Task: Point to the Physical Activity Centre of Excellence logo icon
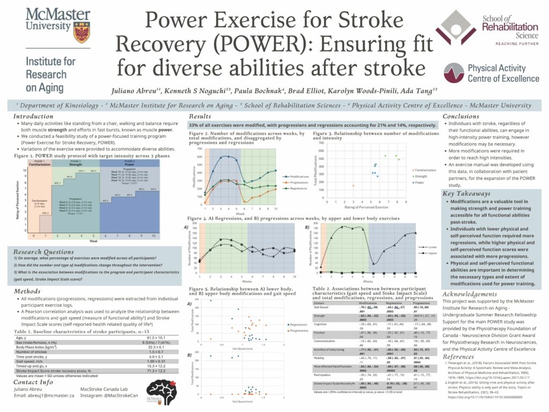tap(454, 70)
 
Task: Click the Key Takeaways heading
tap(466, 193)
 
